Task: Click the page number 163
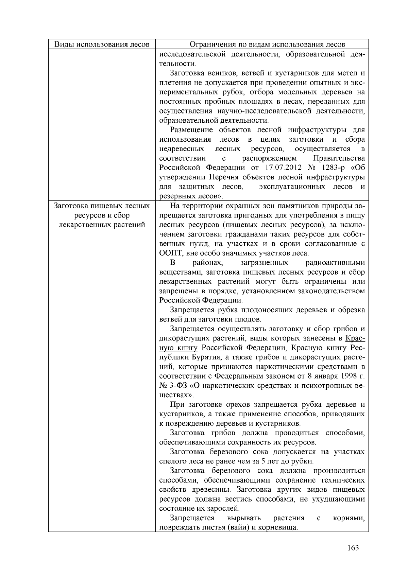click(x=353, y=547)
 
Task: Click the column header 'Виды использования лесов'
click(x=102, y=45)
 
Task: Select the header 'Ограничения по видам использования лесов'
click(x=262, y=45)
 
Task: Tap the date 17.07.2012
click(x=281, y=168)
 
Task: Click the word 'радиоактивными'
click(x=335, y=263)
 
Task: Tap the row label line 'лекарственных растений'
click(x=102, y=225)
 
